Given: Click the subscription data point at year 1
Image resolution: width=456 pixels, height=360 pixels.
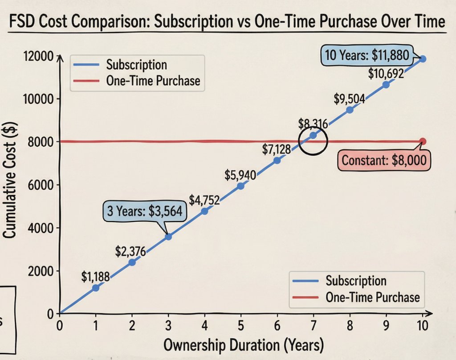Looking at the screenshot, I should click(95, 288).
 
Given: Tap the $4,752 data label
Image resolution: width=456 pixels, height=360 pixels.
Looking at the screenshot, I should click(204, 200).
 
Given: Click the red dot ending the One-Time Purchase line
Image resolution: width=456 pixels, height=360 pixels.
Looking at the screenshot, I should click(423, 142).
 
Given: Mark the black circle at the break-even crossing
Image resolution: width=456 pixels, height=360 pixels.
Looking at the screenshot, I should click(313, 140).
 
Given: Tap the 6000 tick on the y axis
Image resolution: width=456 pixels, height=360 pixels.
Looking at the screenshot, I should click(41, 185).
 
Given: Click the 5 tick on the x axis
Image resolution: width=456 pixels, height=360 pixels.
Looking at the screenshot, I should click(241, 325).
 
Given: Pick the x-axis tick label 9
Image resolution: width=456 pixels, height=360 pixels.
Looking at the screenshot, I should click(386, 325).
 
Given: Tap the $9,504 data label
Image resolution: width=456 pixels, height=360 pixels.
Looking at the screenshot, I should click(350, 98).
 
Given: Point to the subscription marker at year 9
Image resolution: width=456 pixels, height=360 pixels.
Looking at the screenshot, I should click(386, 85).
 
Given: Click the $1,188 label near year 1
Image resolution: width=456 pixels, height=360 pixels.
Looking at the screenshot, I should click(95, 277).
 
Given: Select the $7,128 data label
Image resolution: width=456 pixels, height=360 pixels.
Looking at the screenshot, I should click(277, 150).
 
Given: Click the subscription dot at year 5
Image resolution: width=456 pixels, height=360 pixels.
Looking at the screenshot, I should click(241, 186).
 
